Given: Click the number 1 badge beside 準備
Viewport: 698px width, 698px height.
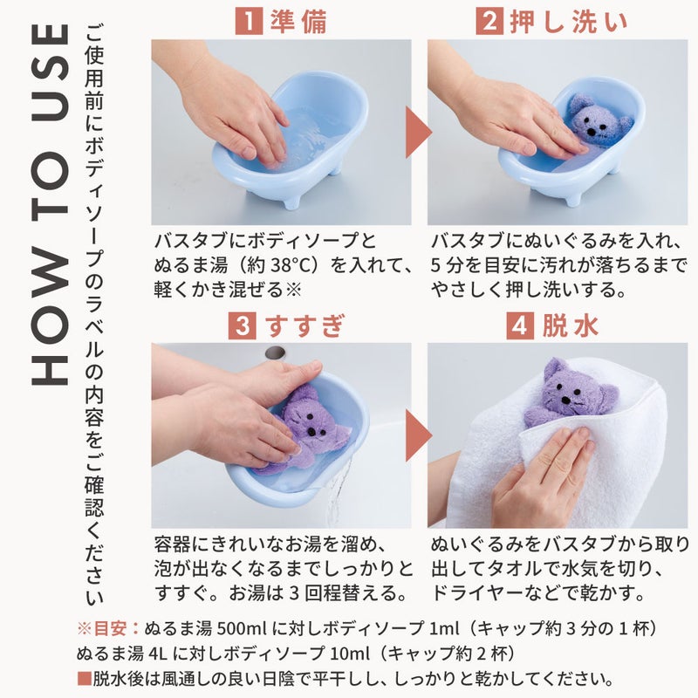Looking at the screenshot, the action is coord(249,21).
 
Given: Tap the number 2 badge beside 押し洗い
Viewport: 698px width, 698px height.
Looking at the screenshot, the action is coord(489,21).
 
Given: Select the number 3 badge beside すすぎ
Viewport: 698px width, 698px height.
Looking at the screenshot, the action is coord(243,325).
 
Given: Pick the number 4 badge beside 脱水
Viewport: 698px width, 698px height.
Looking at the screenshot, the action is coord(520,325).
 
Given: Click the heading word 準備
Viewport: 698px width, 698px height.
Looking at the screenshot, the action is coord(298,21).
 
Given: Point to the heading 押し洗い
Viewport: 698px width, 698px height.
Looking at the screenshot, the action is coord(569,21).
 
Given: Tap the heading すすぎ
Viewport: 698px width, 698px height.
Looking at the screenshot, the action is coord(305,325).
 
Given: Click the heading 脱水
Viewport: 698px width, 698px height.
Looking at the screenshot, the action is coord(571,325).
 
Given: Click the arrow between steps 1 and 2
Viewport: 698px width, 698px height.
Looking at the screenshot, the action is coord(419,133).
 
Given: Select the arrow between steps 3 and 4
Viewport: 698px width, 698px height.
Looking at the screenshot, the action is coord(419,435).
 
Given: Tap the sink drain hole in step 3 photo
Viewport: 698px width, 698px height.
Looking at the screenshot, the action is coord(275,352).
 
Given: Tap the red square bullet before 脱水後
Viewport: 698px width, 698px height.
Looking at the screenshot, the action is coord(84,679).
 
